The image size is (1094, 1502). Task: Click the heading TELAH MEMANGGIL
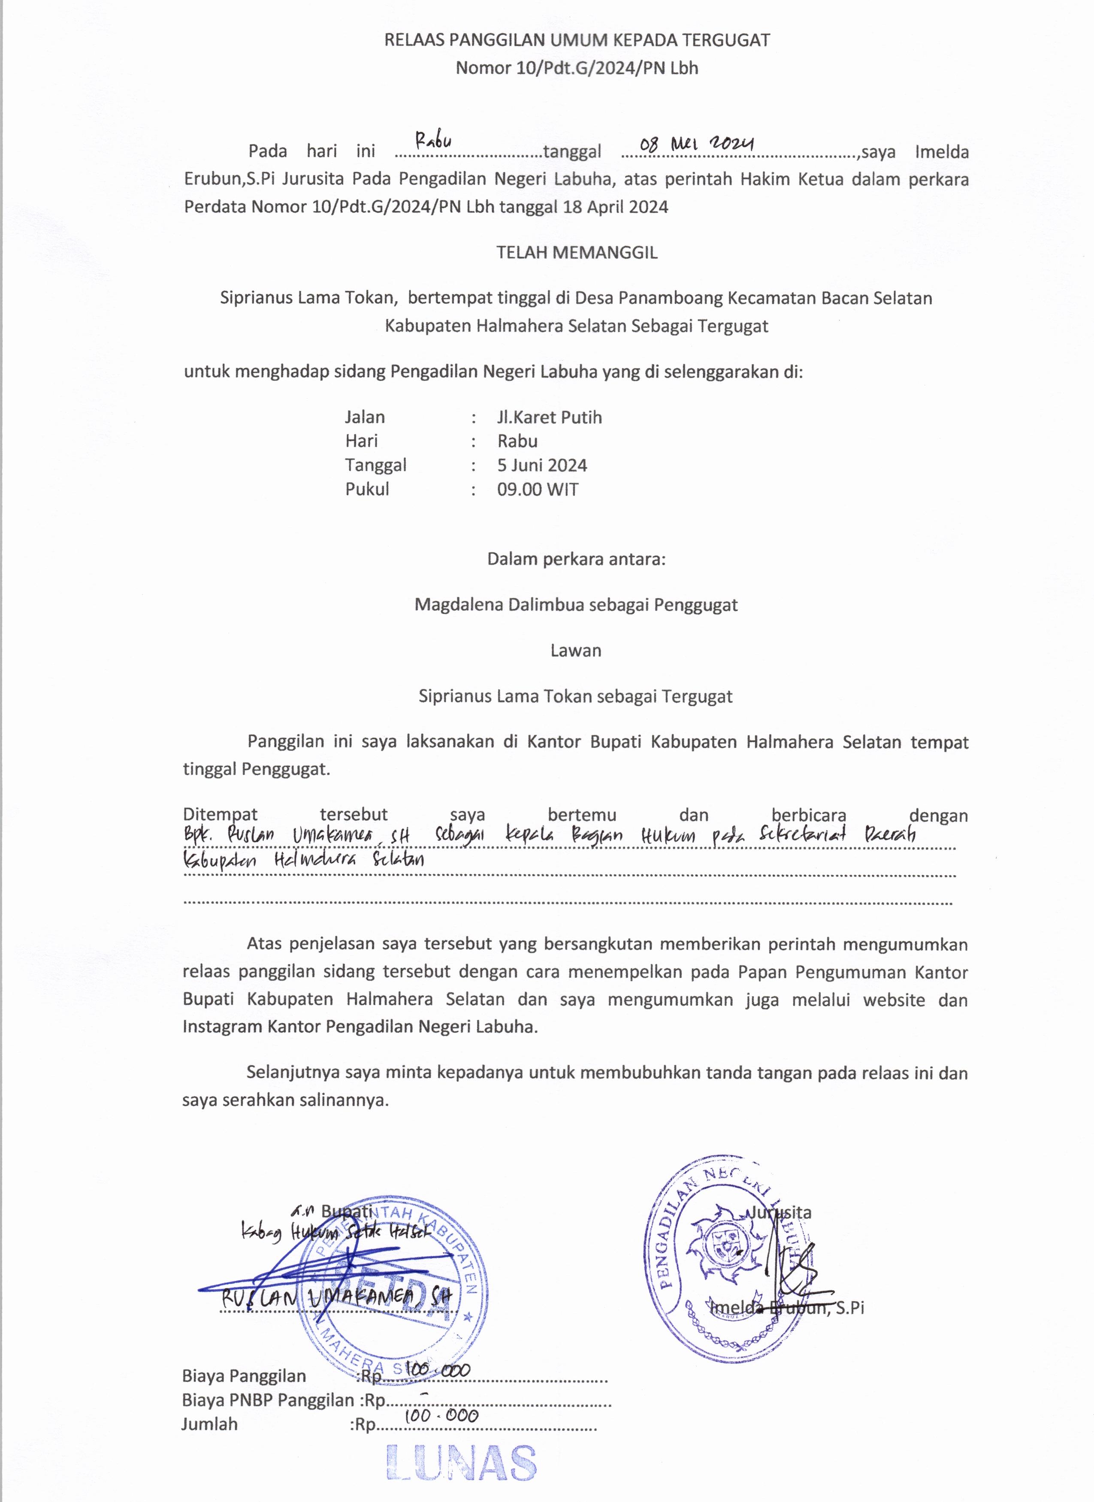click(577, 252)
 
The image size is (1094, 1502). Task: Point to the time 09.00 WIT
click(538, 490)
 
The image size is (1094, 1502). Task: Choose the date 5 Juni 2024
click(542, 465)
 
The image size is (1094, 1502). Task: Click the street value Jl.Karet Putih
click(549, 417)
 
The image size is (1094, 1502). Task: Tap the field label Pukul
click(367, 490)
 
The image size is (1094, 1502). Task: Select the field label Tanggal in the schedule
click(375, 465)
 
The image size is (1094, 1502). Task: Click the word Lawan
click(575, 650)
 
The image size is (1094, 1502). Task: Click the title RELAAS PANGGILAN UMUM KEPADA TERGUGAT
click(577, 40)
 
